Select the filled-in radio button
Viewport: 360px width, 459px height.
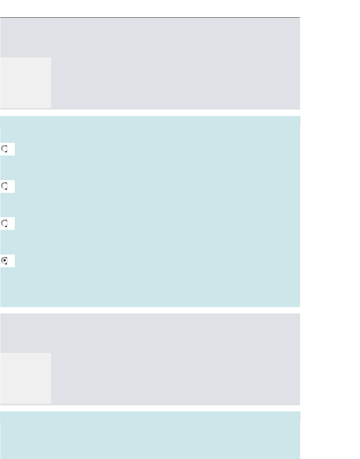point(5,261)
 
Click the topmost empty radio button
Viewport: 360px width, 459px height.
point(5,149)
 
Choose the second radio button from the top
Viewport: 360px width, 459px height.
point(5,186)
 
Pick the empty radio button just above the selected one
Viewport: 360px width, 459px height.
point(5,223)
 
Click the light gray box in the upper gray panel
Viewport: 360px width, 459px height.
point(25,82)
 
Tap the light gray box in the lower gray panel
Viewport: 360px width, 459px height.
point(25,378)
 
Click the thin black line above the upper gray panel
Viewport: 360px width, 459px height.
point(150,17)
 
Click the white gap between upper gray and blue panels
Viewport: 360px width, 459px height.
point(150,113)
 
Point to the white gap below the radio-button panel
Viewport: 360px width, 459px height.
point(150,310)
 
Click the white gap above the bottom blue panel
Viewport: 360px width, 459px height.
point(150,408)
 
